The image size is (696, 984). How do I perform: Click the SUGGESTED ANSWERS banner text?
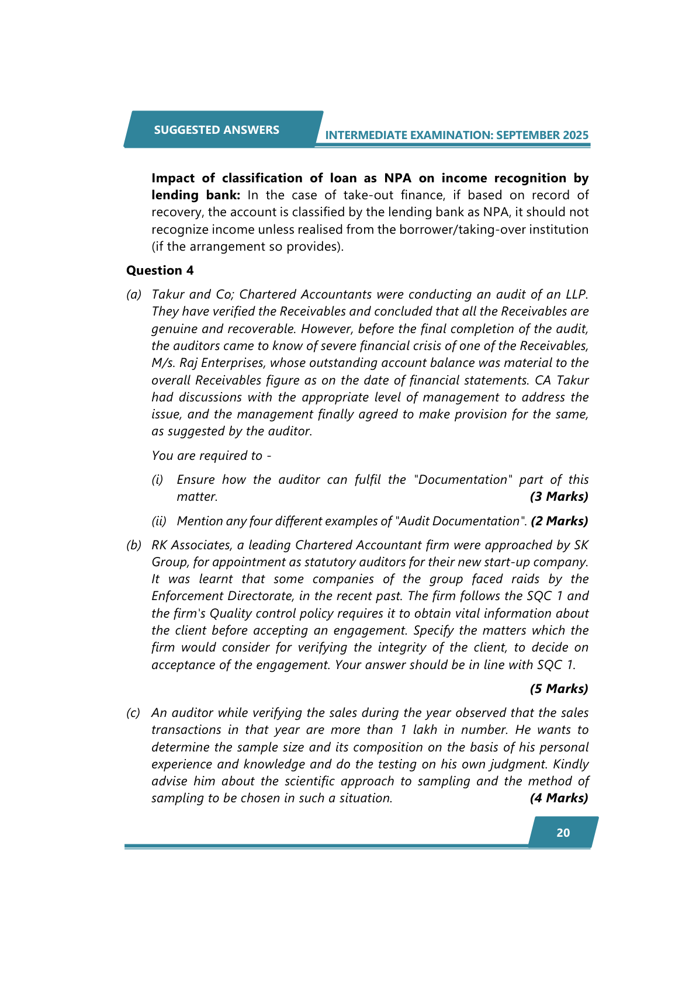216,130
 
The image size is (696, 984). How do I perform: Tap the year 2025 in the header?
576,136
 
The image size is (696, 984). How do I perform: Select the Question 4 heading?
160,271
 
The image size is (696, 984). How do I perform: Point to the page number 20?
563,833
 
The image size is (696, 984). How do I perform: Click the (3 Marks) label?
559,497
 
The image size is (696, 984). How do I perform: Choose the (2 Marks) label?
559,521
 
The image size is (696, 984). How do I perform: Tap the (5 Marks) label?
559,689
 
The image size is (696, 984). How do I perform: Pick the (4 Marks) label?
559,798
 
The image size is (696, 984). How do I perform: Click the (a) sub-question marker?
134,294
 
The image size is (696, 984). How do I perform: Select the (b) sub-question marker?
134,545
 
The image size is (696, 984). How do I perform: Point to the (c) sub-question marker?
134,713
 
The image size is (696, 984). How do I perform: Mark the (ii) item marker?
159,521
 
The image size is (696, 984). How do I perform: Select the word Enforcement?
188,596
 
